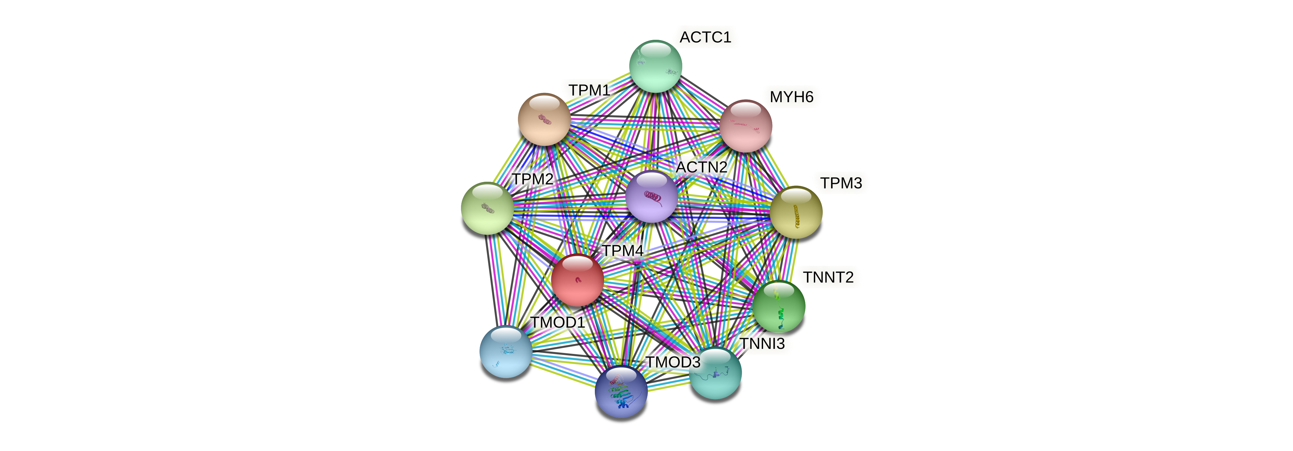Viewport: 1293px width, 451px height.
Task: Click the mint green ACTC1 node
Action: [656, 66]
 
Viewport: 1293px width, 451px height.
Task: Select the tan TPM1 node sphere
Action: [544, 120]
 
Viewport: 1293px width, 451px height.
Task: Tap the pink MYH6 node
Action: [746, 126]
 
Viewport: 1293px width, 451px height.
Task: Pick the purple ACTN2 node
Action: [651, 196]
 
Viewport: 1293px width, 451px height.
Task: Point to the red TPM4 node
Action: [577, 280]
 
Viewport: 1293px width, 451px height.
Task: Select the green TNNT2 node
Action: [779, 307]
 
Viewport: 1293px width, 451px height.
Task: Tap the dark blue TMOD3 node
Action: [621, 391]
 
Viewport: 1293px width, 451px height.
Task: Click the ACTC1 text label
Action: [705, 37]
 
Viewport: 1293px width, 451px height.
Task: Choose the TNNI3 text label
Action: [762, 344]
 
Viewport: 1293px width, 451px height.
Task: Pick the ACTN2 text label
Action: [701, 167]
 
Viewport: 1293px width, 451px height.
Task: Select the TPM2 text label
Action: [533, 179]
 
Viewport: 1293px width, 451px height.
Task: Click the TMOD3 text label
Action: [673, 362]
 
